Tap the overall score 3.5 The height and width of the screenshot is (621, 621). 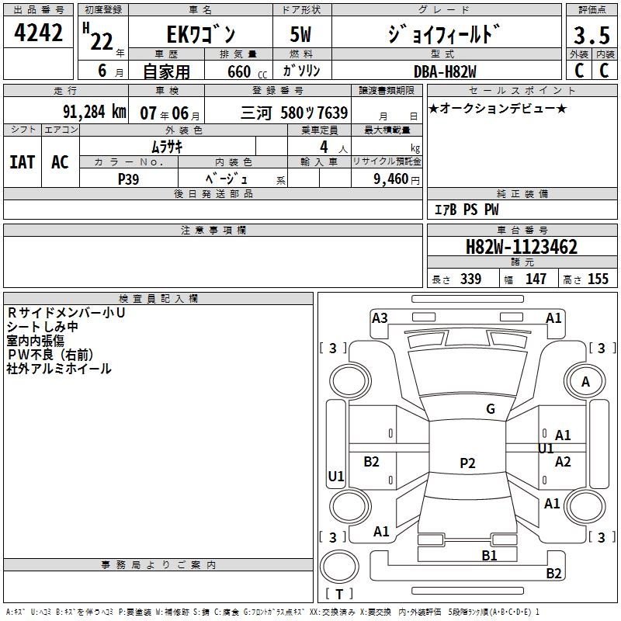pos(591,36)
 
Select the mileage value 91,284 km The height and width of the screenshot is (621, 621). pos(94,112)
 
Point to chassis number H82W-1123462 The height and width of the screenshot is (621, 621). pos(521,248)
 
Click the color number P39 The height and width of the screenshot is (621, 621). pos(129,179)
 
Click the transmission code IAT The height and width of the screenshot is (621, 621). pos(23,162)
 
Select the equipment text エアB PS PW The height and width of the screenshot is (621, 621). pos(466,210)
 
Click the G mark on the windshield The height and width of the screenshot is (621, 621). pos(490,408)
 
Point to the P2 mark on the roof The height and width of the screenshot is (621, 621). pos(467,463)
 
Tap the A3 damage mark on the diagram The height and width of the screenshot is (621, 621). pos(380,317)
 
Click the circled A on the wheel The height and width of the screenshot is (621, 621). pos(585,381)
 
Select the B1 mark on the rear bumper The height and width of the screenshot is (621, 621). pos(489,555)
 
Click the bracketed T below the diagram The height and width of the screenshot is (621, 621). pos(338,594)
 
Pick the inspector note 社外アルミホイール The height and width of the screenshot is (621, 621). pos(59,369)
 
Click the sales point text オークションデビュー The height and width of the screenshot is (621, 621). pos(498,109)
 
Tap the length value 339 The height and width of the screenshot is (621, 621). pos(470,279)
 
